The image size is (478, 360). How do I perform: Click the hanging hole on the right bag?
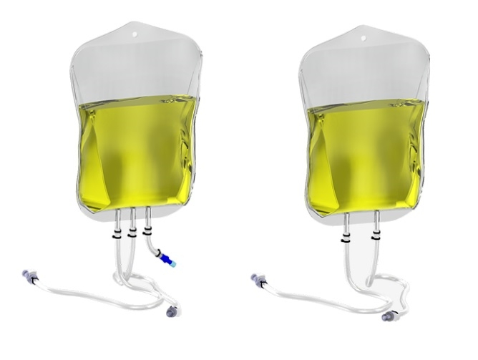(x=363, y=37)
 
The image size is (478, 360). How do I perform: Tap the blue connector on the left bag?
(x=166, y=258)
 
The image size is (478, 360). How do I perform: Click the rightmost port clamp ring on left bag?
(x=147, y=230)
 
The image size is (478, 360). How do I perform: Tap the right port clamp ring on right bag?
(x=374, y=237)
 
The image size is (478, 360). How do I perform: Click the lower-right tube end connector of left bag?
(x=171, y=312)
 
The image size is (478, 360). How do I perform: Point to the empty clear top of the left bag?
(x=136, y=72)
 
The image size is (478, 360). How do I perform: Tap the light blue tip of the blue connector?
(x=173, y=264)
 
